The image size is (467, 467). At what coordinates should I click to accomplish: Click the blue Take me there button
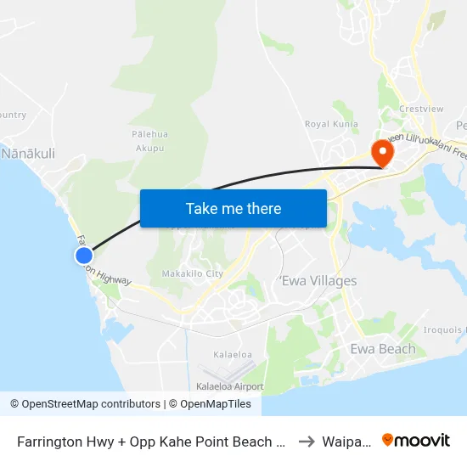tap(233, 208)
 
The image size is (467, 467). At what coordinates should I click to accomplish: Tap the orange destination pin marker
tap(382, 153)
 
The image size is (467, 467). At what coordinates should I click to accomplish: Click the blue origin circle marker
tap(83, 255)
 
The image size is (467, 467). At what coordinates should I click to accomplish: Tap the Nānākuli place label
tap(28, 154)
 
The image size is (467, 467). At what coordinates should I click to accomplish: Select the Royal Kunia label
tap(331, 124)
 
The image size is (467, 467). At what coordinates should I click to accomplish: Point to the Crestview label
tap(417, 110)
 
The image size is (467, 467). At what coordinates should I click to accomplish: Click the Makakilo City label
tap(193, 273)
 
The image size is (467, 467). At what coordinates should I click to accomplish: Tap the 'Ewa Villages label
tap(318, 281)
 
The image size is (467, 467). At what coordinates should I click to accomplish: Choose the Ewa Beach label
tap(383, 349)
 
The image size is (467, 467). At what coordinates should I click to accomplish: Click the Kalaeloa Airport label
tap(229, 386)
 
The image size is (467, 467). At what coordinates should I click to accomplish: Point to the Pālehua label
tap(149, 134)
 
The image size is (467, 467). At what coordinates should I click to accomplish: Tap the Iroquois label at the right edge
tap(447, 330)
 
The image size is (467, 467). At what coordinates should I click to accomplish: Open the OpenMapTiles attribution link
tap(211, 404)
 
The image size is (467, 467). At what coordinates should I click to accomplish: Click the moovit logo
tap(416, 440)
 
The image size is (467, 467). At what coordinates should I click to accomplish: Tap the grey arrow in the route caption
tap(307, 441)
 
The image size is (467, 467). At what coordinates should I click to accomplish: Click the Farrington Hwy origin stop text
tap(150, 442)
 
